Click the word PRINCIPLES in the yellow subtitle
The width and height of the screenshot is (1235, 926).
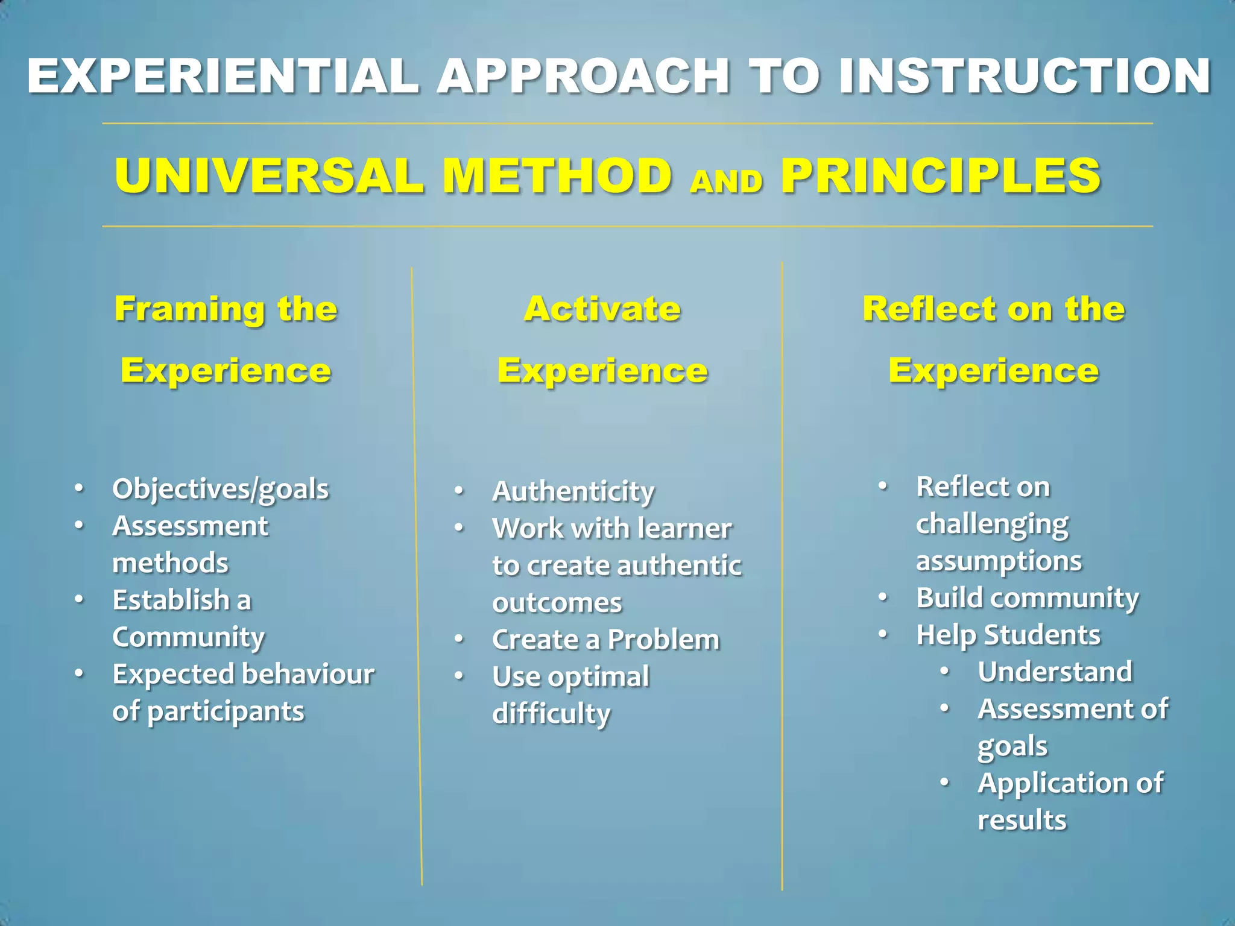[x=941, y=175]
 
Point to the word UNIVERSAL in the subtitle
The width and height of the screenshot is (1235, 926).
[x=270, y=175]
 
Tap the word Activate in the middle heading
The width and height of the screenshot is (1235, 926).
[x=602, y=309]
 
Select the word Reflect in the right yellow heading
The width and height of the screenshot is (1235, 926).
[x=929, y=309]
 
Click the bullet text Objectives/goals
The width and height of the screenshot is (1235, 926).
[x=221, y=489]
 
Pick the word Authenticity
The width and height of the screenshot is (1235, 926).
[x=573, y=491]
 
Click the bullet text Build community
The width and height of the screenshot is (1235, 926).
[x=1027, y=598]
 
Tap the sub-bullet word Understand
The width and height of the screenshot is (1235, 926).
[x=1055, y=672]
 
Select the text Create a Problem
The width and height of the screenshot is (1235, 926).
[x=605, y=640]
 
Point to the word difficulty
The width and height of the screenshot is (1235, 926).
[x=551, y=714]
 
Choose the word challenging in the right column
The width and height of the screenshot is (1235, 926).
[x=992, y=524]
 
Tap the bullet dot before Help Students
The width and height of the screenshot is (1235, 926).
[x=883, y=634]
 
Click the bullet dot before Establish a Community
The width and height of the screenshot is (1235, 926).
[x=79, y=600]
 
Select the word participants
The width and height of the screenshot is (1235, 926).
[x=226, y=712]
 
